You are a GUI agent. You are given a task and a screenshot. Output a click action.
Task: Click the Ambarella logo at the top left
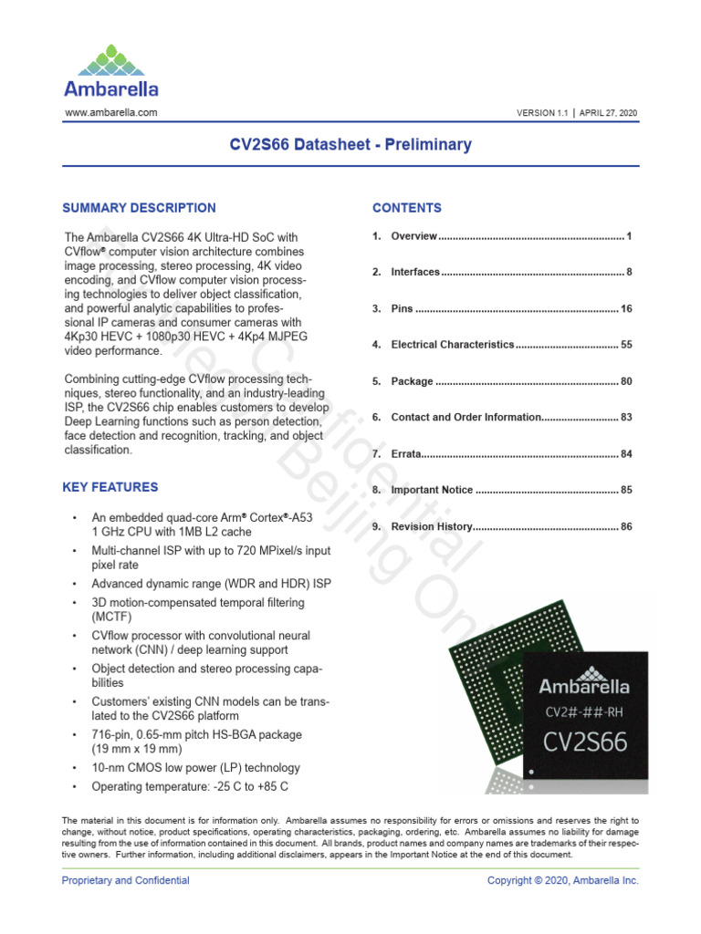110,70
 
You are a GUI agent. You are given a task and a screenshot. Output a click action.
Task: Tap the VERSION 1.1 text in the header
542,113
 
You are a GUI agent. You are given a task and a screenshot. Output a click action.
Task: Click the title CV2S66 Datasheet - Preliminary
350,144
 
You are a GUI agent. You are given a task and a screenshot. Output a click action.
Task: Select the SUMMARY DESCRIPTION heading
139,208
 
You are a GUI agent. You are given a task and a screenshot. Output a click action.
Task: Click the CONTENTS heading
406,208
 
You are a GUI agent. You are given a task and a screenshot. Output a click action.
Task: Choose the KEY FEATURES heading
110,487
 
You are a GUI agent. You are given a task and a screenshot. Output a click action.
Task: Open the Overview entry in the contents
414,236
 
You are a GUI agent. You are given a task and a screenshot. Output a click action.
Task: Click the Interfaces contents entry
415,273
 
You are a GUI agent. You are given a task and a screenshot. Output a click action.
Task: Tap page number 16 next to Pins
626,309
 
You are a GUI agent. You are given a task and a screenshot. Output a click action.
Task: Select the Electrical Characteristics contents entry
453,345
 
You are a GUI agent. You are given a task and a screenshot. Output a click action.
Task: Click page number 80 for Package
626,381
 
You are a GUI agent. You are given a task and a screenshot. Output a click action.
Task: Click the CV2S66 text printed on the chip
585,741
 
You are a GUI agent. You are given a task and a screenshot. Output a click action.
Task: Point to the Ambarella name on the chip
583,685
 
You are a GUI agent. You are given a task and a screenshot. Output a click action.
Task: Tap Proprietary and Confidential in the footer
125,880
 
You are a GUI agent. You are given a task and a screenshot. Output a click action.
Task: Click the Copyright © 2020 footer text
563,880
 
